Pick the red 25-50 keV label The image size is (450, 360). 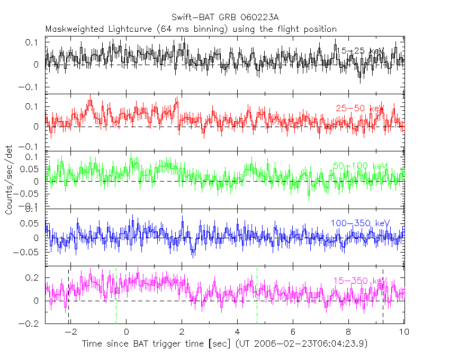(x=359, y=109)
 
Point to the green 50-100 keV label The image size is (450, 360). (x=361, y=166)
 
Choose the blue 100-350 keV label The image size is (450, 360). (x=360, y=223)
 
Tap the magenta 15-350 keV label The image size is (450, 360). (x=361, y=281)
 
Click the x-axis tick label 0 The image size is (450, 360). (x=126, y=332)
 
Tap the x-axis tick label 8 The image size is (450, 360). (x=348, y=332)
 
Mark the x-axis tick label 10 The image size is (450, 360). (x=403, y=332)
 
